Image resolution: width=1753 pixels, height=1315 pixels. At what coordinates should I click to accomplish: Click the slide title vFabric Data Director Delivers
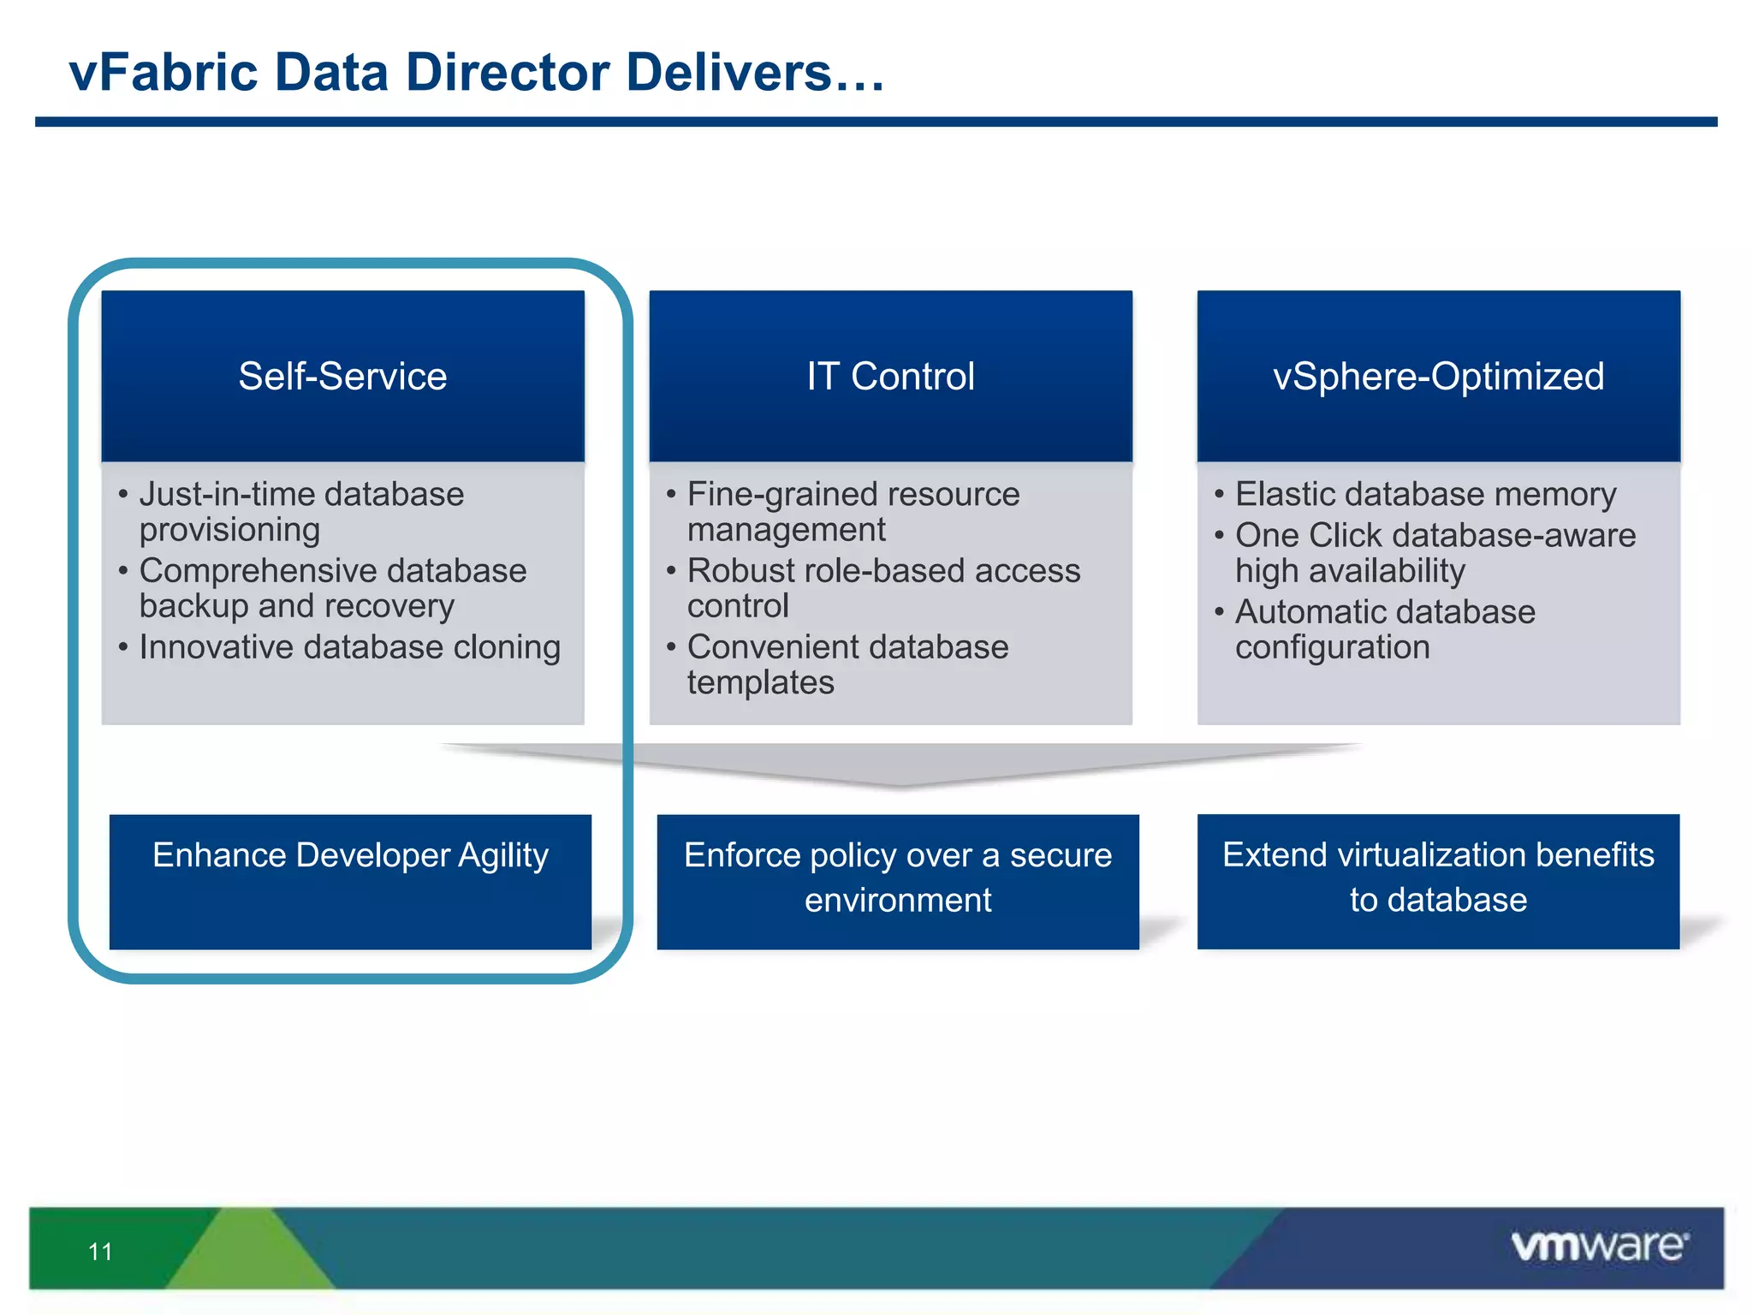click(x=476, y=72)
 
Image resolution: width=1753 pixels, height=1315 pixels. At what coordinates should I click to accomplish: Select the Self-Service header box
click(x=342, y=376)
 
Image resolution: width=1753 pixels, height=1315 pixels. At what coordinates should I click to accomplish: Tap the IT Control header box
click(x=890, y=376)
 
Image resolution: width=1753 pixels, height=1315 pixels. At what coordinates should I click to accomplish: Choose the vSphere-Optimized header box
click(x=1438, y=376)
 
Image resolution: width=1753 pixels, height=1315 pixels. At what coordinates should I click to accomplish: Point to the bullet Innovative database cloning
click(x=349, y=647)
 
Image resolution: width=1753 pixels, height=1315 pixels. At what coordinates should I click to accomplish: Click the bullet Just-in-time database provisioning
click(x=301, y=512)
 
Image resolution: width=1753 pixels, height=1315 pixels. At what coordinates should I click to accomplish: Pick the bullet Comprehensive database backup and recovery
click(x=332, y=588)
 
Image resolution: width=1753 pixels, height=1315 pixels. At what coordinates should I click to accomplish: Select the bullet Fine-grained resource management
click(x=853, y=512)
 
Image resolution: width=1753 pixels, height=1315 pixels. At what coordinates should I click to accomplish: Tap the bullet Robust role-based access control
click(x=883, y=588)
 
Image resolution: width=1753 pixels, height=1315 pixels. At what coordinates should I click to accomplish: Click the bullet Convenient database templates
click(x=847, y=664)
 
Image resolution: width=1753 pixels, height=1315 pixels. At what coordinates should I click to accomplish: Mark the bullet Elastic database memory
click(x=1425, y=494)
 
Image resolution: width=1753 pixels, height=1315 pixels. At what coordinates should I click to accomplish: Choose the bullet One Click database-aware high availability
click(x=1435, y=553)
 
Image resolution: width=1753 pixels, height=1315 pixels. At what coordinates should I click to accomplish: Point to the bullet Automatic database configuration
click(x=1385, y=629)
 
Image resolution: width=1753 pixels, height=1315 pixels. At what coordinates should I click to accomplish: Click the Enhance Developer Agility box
click(x=350, y=881)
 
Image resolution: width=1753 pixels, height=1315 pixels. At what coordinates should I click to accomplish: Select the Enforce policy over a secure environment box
click(x=898, y=881)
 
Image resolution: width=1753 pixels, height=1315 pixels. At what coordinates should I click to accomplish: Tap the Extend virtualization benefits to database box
click(x=1438, y=881)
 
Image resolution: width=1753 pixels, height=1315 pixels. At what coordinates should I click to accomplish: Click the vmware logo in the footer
click(x=1599, y=1246)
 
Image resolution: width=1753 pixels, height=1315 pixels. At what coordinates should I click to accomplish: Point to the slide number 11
click(x=100, y=1252)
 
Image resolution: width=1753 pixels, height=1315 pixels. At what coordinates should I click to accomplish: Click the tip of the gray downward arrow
click(x=899, y=782)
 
